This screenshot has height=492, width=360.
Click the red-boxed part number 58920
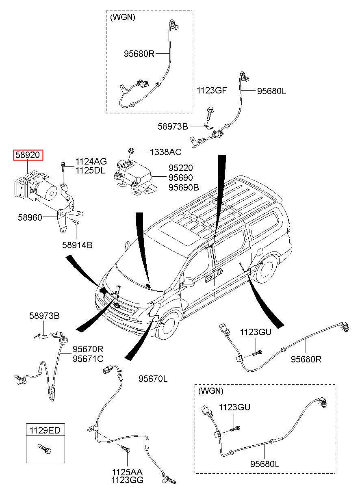(x=28, y=155)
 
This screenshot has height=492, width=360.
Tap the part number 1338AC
(x=165, y=152)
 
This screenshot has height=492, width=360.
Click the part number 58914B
(x=77, y=245)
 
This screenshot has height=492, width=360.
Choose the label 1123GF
(x=212, y=90)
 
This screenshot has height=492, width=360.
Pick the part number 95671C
(x=88, y=358)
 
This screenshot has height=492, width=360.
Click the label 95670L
(x=153, y=379)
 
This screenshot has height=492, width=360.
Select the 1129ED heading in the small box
(x=46, y=430)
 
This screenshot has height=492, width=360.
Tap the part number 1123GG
(x=128, y=480)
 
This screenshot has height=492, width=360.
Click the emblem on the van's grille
(x=117, y=305)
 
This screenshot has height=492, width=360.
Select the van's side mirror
(x=188, y=282)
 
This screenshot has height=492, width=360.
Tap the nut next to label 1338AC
(x=131, y=152)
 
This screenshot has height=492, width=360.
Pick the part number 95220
(x=181, y=168)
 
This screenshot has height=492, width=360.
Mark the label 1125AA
(x=128, y=472)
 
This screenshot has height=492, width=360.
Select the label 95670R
(x=88, y=349)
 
